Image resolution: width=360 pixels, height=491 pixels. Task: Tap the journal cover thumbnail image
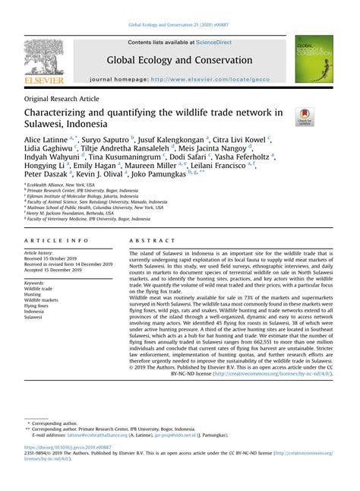pyautogui.click(x=314, y=59)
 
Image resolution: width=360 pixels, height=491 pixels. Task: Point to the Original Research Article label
pyautogui.click(x=62, y=99)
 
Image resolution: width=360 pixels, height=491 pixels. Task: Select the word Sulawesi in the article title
pyautogui.click(x=54, y=125)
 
